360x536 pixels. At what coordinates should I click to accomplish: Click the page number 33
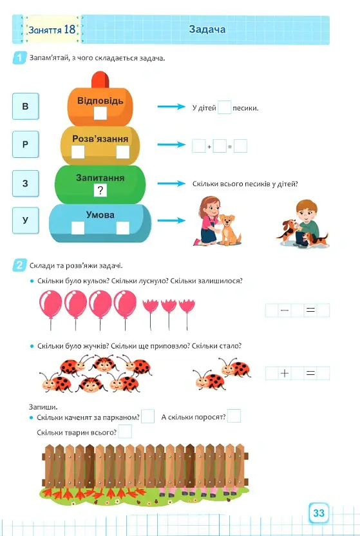click(x=318, y=513)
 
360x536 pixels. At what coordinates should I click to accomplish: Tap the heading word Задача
click(x=207, y=30)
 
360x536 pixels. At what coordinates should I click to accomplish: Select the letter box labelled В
click(x=26, y=106)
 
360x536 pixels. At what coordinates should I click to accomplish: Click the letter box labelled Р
click(x=26, y=144)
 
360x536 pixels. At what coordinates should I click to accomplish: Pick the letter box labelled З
click(x=26, y=184)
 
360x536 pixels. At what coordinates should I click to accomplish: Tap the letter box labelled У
click(x=26, y=220)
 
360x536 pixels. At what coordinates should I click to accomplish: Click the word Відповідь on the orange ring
click(x=100, y=101)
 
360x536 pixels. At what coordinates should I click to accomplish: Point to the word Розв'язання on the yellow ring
click(x=100, y=139)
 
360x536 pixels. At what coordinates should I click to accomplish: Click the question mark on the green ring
click(x=100, y=191)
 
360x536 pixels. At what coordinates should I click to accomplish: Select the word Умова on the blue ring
click(x=100, y=215)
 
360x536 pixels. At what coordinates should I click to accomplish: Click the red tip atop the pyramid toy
click(x=100, y=80)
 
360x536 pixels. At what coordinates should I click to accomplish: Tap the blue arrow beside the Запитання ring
click(x=171, y=184)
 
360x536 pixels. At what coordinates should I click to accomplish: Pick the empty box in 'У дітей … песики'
click(x=224, y=108)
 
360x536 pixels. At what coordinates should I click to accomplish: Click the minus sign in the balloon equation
click(x=285, y=311)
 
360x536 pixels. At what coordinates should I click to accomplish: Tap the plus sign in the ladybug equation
click(x=285, y=373)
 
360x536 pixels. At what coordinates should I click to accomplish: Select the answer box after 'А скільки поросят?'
click(x=234, y=416)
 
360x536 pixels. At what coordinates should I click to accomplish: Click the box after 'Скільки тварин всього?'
click(x=125, y=432)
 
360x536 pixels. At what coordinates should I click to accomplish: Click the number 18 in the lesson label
click(x=70, y=29)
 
